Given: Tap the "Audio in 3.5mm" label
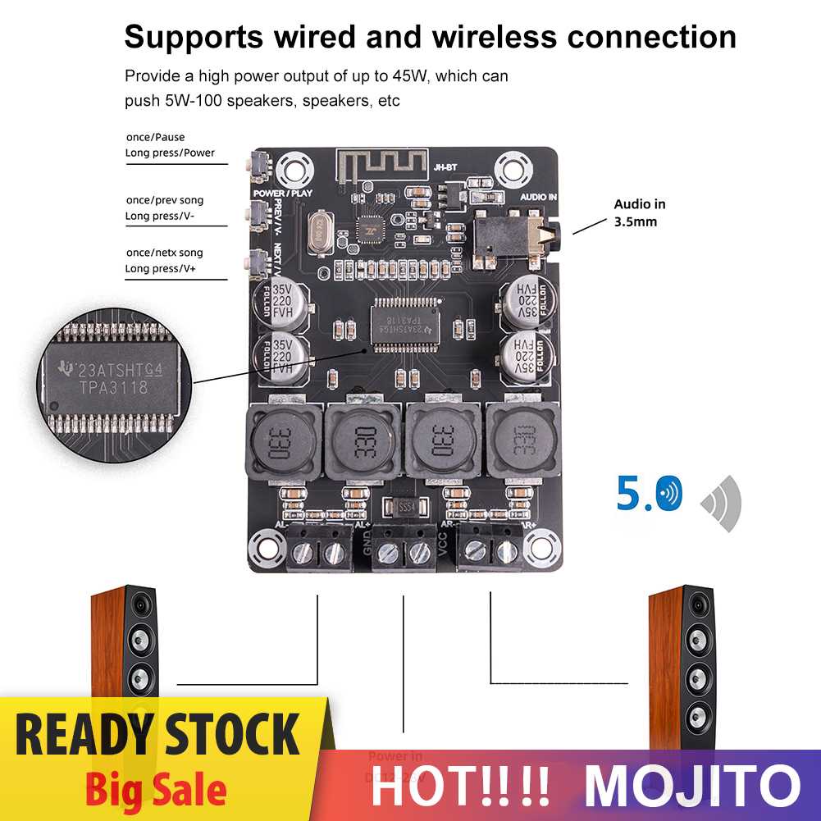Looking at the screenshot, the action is (640, 212).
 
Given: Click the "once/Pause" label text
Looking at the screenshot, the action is (155, 137).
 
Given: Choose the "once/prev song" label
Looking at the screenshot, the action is (164, 200).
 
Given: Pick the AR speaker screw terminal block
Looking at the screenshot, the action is (490, 551).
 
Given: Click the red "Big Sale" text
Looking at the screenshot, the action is (155, 790).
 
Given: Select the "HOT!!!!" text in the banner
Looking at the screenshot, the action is (460, 785).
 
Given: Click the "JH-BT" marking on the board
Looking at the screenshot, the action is (442, 166).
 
